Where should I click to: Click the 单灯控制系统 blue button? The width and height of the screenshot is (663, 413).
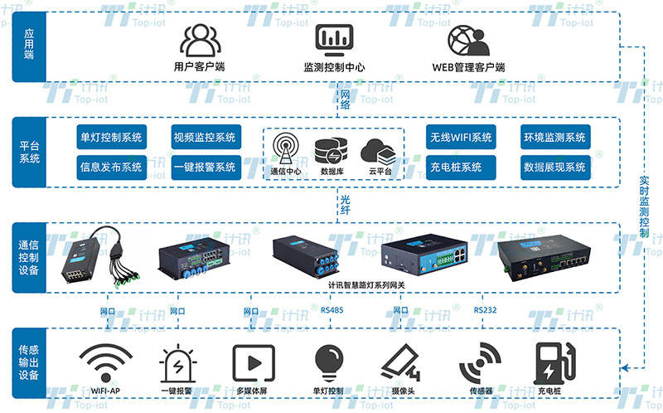point(110,138)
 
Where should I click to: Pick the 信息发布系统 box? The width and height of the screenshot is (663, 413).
point(110,167)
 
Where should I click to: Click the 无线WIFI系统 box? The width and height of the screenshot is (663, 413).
point(461,138)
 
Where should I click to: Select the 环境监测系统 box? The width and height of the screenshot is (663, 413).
point(555,138)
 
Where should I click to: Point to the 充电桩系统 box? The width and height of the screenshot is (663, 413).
point(461,167)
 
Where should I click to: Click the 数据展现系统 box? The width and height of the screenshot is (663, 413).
point(555,167)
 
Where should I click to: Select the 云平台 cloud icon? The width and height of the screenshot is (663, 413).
point(379,150)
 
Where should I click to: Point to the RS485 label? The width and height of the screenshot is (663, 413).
point(331,310)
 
